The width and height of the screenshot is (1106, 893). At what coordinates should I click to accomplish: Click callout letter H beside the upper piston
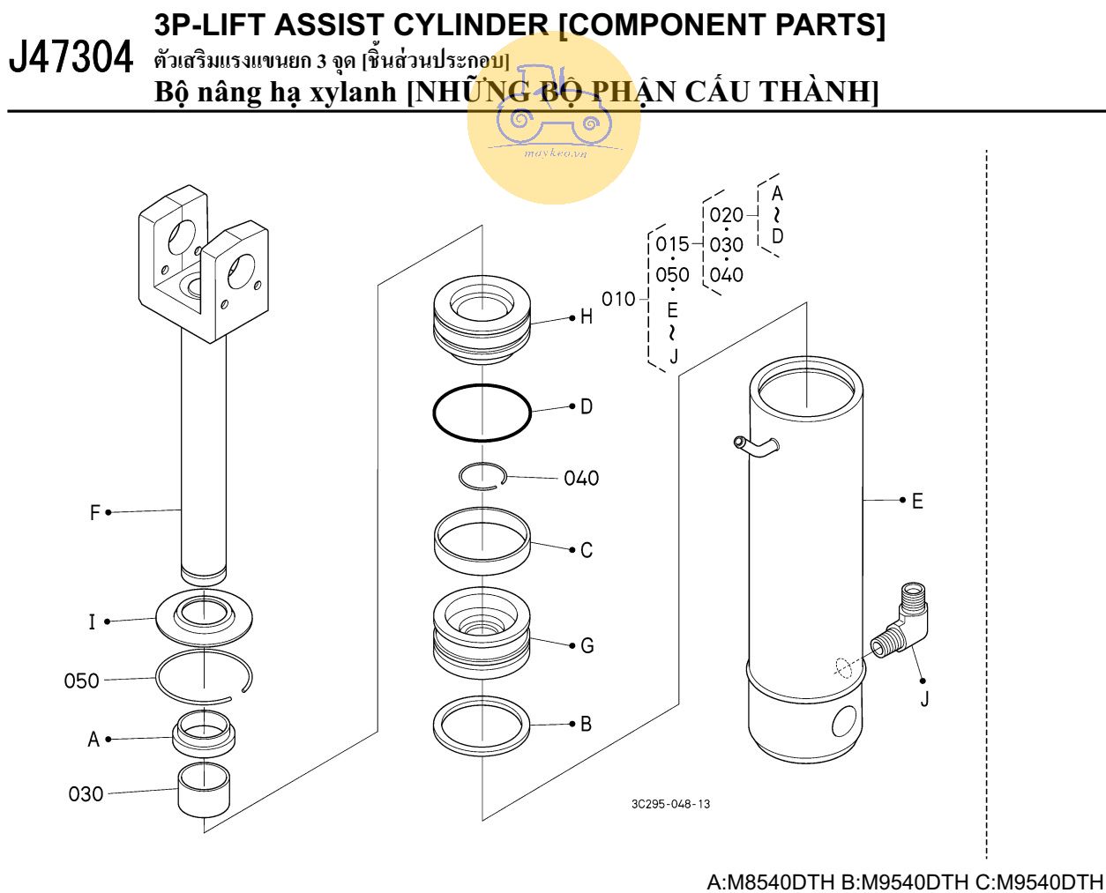tap(587, 317)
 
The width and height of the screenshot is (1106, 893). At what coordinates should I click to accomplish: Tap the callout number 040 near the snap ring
tap(581, 479)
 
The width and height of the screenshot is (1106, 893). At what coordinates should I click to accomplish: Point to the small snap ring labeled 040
tap(482, 476)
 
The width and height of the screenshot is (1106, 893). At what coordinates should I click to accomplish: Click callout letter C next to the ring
tap(587, 550)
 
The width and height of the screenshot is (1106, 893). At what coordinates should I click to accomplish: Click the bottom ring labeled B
tap(482, 726)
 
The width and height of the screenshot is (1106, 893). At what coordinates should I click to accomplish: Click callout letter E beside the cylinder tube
tap(917, 502)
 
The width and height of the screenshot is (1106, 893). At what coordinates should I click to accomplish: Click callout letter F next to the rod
tap(95, 512)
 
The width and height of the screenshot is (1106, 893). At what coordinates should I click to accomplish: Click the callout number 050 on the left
tap(81, 681)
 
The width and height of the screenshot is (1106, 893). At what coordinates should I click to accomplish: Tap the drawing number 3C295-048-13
tap(670, 804)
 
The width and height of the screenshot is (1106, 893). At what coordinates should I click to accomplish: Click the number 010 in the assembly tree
tap(618, 300)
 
